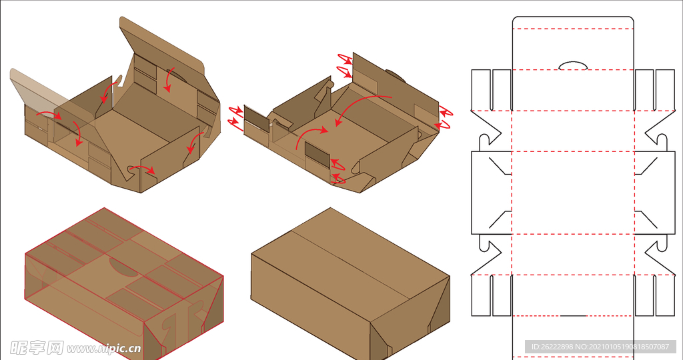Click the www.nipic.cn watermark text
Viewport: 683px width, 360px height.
click(x=104, y=349)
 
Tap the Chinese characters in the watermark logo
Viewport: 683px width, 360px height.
click(x=37, y=348)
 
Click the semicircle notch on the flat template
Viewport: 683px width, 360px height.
click(x=573, y=66)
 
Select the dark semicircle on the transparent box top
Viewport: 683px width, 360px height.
click(x=123, y=268)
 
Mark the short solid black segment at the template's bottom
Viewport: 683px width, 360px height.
click(x=572, y=315)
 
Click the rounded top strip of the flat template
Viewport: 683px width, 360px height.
click(x=573, y=22)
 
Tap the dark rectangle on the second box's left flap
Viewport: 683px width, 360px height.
click(x=257, y=119)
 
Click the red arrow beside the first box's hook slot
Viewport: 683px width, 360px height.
click(x=143, y=168)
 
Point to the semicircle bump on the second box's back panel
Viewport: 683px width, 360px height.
click(x=396, y=75)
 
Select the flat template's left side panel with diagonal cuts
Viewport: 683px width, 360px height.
click(x=492, y=193)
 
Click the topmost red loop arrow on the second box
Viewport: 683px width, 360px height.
click(x=345, y=59)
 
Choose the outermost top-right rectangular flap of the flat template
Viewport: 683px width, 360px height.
click(x=665, y=90)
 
